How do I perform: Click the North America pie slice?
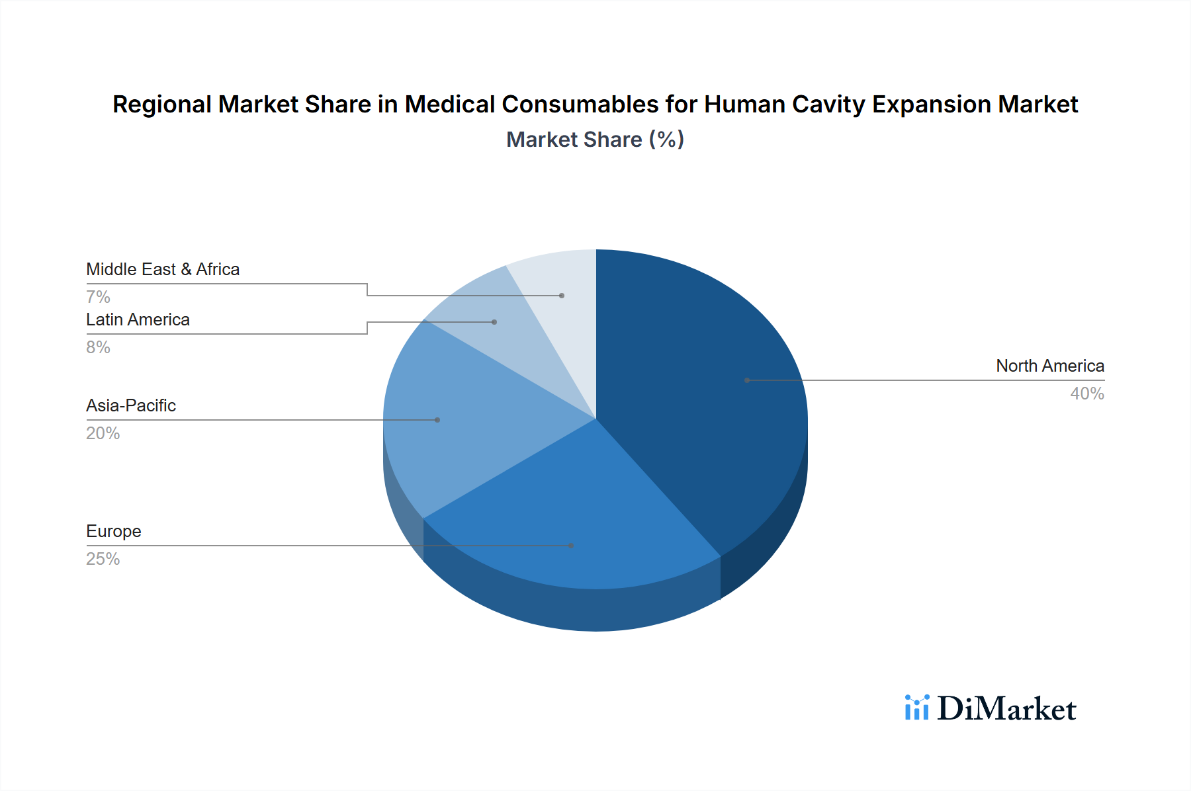(701, 397)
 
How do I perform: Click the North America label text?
(1049, 366)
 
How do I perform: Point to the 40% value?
(1086, 394)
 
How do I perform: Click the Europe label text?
(113, 531)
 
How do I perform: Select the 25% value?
(103, 559)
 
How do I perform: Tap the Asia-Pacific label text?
(130, 405)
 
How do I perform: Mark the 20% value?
(103, 433)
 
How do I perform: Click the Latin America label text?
(138, 319)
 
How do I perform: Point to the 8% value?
(98, 347)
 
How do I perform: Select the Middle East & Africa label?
(162, 269)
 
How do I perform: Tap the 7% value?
(98, 297)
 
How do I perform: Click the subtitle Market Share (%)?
(595, 140)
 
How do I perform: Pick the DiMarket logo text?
(1006, 709)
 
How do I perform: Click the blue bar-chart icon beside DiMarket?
(916, 708)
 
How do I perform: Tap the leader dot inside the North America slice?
(747, 380)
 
